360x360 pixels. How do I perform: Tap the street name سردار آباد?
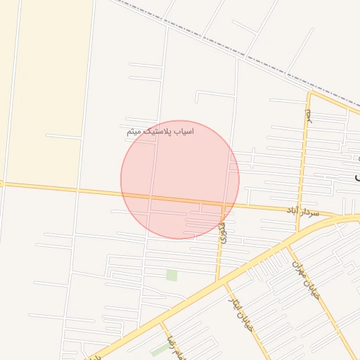(302, 211)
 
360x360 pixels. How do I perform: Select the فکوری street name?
(223, 232)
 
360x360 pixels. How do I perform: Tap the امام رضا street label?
(171, 347)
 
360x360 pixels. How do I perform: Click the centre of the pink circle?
(180, 179)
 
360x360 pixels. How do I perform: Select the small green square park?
(172, 275)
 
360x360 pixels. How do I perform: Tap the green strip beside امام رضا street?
(160, 349)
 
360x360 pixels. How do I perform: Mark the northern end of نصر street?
(310, 92)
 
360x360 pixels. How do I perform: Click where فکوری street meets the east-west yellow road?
(224, 205)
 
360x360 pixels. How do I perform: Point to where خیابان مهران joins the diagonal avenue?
(287, 246)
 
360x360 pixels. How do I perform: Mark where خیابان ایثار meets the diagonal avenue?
(226, 282)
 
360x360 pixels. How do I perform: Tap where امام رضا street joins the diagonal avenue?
(160, 323)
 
